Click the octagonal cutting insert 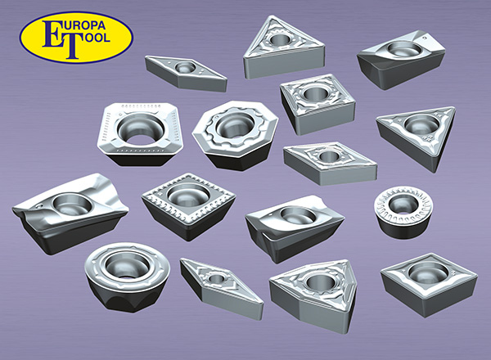[x=235, y=135]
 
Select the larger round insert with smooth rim [x=127, y=276]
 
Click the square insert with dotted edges [x=139, y=134]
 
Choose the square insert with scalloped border [x=188, y=205]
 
